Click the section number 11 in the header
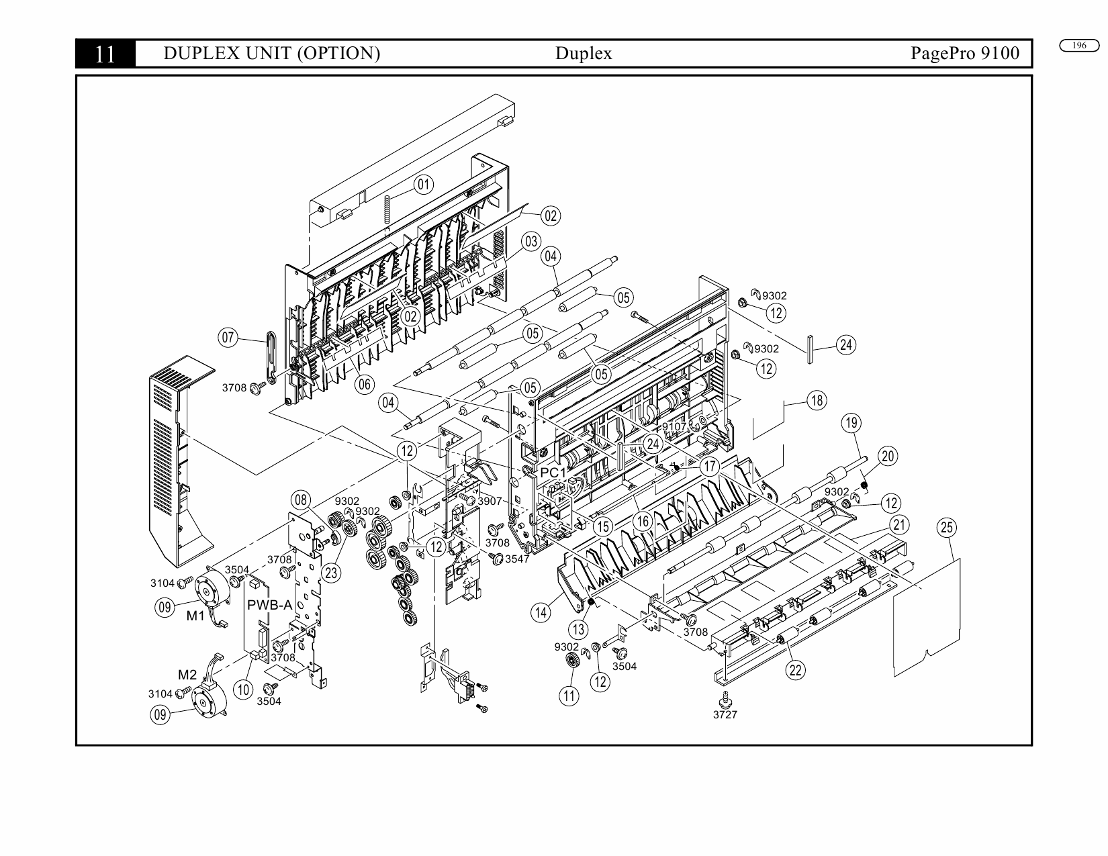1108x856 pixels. pyautogui.click(x=105, y=54)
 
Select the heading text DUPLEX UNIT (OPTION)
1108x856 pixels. pyautogui.click(x=272, y=53)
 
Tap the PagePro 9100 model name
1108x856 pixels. pyautogui.click(x=964, y=53)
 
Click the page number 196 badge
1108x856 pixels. pyautogui.click(x=1078, y=46)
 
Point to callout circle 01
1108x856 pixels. pyautogui.click(x=423, y=185)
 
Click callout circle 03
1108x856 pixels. pyautogui.click(x=531, y=242)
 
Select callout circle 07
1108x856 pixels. pyautogui.click(x=228, y=337)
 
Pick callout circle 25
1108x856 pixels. pyautogui.click(x=946, y=528)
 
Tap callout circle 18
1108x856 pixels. pyautogui.click(x=817, y=401)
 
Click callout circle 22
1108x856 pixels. pyautogui.click(x=795, y=670)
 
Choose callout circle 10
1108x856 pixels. pyautogui.click(x=243, y=689)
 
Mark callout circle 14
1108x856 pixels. pyautogui.click(x=541, y=612)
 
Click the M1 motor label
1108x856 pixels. pyautogui.click(x=195, y=616)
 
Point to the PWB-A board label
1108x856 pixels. pyautogui.click(x=269, y=605)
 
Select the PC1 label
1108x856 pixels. pyautogui.click(x=553, y=473)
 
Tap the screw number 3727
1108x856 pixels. pyautogui.click(x=725, y=715)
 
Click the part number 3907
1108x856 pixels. pyautogui.click(x=490, y=501)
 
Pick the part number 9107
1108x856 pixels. pyautogui.click(x=674, y=426)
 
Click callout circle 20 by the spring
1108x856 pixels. pyautogui.click(x=888, y=457)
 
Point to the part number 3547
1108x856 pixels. pyautogui.click(x=517, y=559)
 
